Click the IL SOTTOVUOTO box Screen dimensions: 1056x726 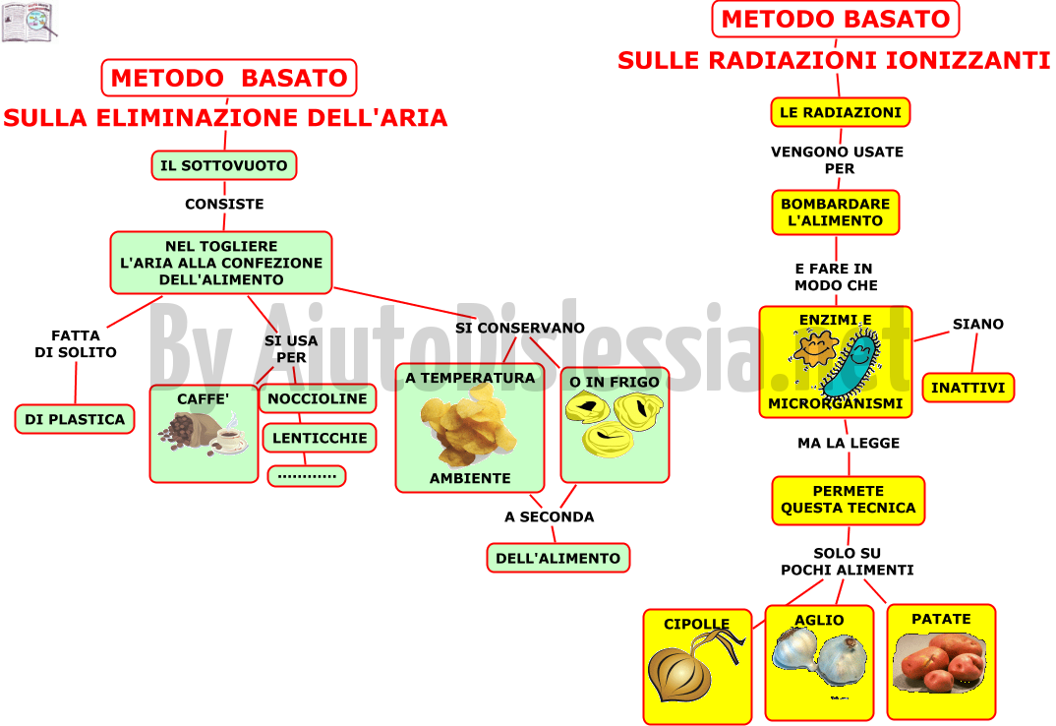point(224,165)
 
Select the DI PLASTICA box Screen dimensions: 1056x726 point(75,419)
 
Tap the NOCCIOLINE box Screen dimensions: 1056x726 point(318,398)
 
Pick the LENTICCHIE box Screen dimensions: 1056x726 point(320,438)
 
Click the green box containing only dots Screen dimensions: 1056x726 point(307,476)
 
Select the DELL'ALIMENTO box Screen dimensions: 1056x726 point(558,558)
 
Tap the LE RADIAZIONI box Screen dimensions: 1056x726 point(841,112)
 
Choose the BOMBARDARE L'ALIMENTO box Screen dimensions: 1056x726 point(836,212)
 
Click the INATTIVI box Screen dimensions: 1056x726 point(968,388)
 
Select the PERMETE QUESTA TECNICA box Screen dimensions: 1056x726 point(849,500)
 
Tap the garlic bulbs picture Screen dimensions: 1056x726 point(819,657)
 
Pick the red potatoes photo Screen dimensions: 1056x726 point(940,663)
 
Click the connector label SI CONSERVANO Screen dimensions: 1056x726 point(520,329)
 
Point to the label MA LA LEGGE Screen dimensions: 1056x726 point(849,443)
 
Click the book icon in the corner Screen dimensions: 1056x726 point(29,22)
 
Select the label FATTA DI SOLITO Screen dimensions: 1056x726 point(76,343)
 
